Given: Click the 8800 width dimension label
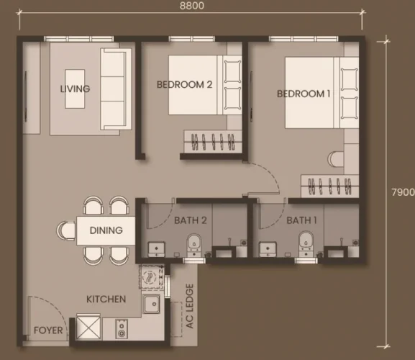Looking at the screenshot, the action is point(192,6).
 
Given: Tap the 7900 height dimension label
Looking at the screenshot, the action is point(403,192).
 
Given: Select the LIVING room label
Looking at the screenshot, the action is point(75,89).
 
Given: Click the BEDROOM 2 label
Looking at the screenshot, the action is point(184,84).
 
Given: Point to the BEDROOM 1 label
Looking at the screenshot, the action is point(304,94).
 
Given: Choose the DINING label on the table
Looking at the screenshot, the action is point(106,230).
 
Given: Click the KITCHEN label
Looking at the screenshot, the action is point(106,299).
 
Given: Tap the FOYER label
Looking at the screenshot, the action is point(48,330).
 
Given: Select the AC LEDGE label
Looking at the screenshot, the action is point(190,306).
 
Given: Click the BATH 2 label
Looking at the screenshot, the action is point(191,220).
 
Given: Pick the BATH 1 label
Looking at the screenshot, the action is point(302,220).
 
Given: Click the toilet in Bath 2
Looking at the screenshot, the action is point(194,245).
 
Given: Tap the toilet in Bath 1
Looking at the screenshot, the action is point(306,244).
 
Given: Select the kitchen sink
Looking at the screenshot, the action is point(151,304).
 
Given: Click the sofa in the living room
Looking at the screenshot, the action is point(116,89).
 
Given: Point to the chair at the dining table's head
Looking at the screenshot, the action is point(66,230).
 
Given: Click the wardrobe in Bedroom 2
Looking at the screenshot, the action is point(213,141).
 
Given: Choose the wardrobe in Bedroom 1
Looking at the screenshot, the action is point(330,186).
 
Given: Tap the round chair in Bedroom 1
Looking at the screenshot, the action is point(336,159).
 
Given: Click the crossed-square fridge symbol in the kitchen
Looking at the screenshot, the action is point(88,326).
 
